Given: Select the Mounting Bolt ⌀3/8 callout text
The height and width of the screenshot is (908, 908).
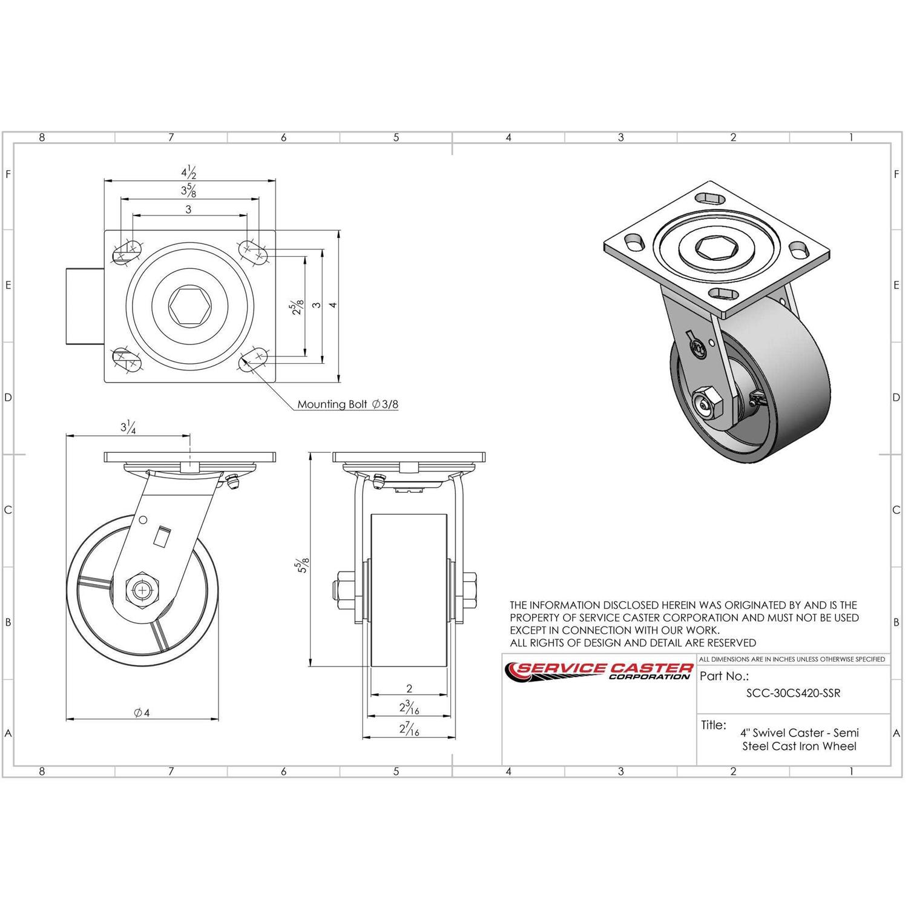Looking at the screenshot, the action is tap(347, 404).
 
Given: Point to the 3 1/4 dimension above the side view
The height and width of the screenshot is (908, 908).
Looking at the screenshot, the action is tap(128, 427).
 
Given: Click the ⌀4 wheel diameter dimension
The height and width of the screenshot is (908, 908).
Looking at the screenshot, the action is tap(142, 712).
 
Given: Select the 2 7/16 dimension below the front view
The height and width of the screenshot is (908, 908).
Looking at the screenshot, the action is tap(409, 729).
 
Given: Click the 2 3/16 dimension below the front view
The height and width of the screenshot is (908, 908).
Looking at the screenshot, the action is tap(409, 706).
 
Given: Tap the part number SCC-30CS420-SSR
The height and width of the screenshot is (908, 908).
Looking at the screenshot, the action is tap(793, 693).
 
